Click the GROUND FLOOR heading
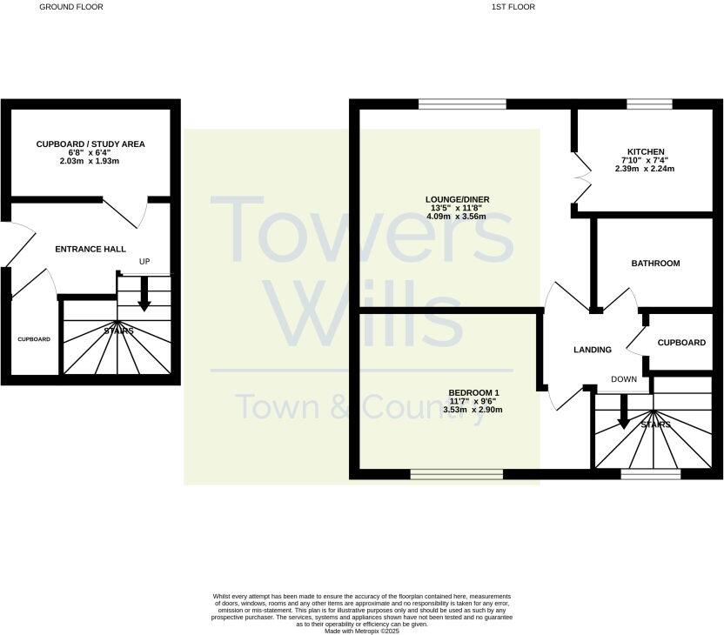coord(71,7)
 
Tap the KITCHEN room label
coord(645,151)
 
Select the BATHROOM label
coord(655,263)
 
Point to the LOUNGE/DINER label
coord(457,199)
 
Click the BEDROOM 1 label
coord(474,391)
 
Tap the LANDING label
coord(593,350)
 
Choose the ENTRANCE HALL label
coord(90,250)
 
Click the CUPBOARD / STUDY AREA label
coord(90,144)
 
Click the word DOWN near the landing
coord(624,379)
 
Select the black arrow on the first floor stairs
coord(624,412)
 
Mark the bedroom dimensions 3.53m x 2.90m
coord(474,409)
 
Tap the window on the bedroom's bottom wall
coord(457,475)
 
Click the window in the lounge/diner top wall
coord(462,105)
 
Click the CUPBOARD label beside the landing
coord(681,343)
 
